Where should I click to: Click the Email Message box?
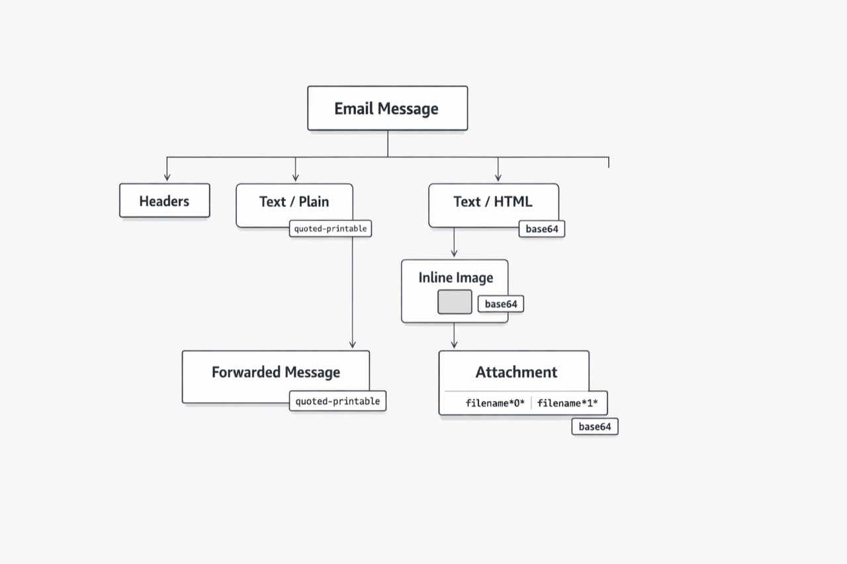pos(388,108)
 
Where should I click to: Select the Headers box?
pos(165,200)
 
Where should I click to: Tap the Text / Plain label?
pos(294,202)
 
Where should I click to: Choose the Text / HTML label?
pos(493,202)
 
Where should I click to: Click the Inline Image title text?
pos(456,278)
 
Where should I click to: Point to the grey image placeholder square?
pos(455,302)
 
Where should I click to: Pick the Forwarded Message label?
pos(276,372)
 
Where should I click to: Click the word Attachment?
pos(516,372)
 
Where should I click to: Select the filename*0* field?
pos(495,403)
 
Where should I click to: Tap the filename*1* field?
pos(567,403)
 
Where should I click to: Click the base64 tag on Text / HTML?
pos(542,229)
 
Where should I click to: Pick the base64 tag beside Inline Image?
pos(501,304)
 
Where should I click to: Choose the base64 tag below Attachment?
pos(595,426)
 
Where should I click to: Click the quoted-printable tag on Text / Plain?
pos(330,229)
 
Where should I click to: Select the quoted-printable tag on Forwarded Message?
pos(337,401)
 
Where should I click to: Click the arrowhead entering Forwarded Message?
pos(353,344)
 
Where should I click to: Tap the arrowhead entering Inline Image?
pos(454,253)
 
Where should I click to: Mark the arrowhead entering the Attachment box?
pos(454,344)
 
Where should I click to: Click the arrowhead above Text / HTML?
pos(498,178)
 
